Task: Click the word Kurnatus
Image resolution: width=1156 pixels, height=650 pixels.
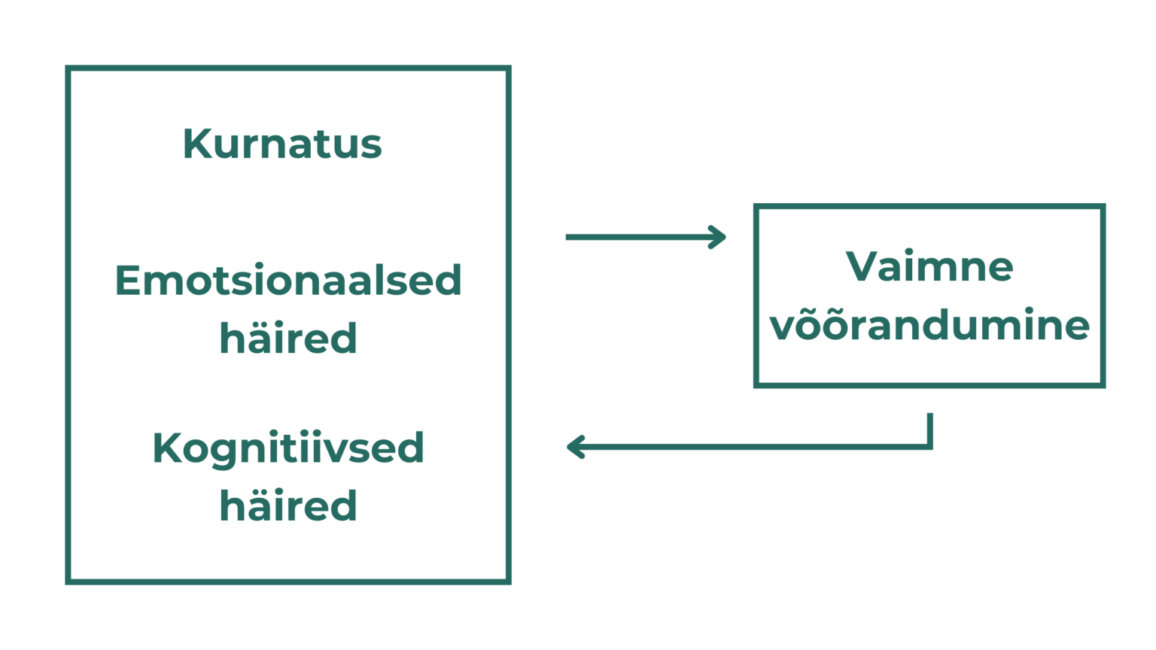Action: [282, 144]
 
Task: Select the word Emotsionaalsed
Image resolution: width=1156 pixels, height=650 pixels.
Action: [288, 281]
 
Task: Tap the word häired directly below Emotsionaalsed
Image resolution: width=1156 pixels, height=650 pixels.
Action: [288, 339]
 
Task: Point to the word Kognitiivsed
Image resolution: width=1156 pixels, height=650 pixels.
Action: [288, 448]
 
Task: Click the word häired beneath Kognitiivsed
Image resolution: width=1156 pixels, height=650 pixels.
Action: [288, 506]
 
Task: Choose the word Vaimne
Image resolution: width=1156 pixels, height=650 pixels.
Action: [929, 266]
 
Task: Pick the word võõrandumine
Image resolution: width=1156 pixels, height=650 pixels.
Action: [929, 326]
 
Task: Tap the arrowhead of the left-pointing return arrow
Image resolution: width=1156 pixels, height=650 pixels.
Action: [571, 448]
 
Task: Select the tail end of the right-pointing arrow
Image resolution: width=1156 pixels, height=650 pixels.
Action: [567, 237]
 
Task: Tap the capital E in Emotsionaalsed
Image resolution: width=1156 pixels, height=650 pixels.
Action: [127, 281]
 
